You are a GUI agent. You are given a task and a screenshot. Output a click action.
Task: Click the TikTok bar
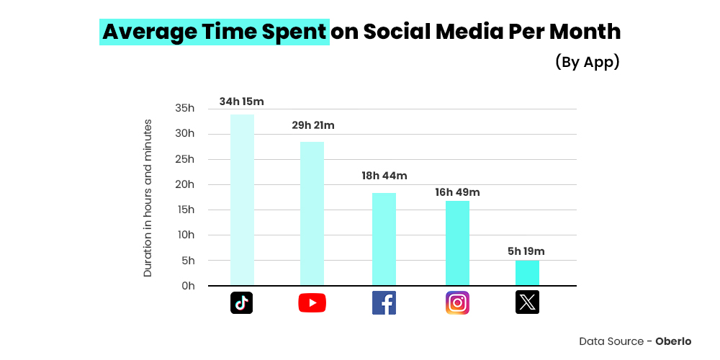242,199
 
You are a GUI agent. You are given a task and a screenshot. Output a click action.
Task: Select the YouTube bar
312,213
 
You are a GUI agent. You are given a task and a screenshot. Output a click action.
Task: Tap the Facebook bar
384,239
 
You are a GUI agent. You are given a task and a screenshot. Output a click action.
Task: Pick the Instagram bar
457,243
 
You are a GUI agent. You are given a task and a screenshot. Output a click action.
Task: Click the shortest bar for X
527,273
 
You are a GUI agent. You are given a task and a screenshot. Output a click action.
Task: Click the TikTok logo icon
242,303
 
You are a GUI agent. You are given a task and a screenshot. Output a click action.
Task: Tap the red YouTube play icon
312,303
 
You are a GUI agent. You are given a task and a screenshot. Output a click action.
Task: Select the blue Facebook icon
384,303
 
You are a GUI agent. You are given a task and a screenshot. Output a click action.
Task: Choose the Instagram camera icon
457,303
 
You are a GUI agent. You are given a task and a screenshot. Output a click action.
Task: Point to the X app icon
527,303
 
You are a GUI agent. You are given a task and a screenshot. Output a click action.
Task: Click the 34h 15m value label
242,102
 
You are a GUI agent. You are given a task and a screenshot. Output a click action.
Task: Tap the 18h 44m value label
384,176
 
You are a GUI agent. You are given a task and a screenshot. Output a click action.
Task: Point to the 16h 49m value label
457,192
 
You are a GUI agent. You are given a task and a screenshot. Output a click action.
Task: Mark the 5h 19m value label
526,251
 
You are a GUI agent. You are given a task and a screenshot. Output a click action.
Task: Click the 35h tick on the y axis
185,108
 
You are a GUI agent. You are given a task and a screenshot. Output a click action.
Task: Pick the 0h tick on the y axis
187,286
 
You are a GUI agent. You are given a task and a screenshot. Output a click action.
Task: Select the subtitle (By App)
587,62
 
